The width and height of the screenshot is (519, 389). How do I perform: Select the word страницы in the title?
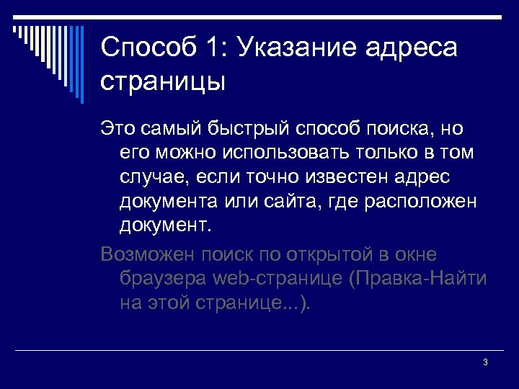[x=163, y=81]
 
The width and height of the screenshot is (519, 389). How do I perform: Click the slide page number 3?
[x=485, y=362]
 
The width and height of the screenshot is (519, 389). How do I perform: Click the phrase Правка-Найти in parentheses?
[x=421, y=279]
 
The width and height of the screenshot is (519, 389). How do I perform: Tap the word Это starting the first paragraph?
[x=117, y=129]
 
